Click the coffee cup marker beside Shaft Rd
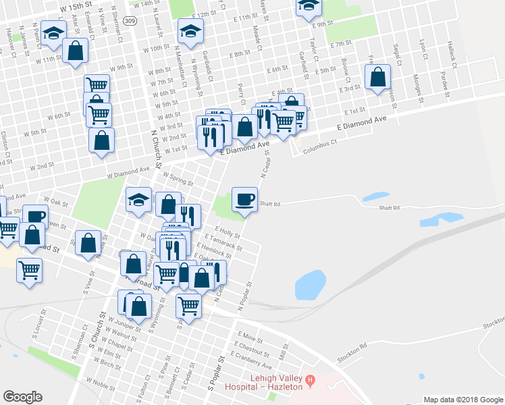tap(244, 200)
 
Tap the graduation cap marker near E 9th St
tap(309, 6)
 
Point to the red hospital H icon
tap(311, 380)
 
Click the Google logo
tap(22, 397)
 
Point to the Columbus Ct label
tap(319, 146)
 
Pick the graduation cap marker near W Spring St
tap(139, 200)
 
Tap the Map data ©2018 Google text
tap(462, 399)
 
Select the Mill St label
tap(284, 350)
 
